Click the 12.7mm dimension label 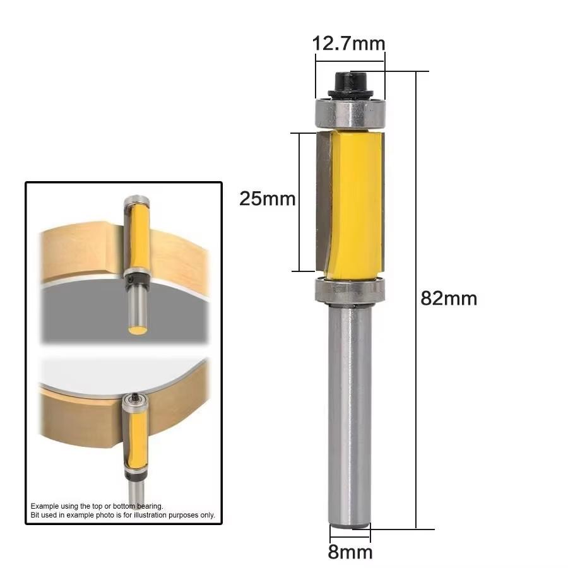click(x=348, y=44)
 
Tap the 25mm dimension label click(x=267, y=199)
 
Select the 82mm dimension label click(x=449, y=298)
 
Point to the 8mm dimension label click(x=350, y=552)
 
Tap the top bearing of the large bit click(x=350, y=113)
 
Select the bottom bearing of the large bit click(x=349, y=289)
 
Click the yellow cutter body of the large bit click(x=357, y=202)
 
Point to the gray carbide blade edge click(x=323, y=202)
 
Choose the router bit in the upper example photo click(x=137, y=252)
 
